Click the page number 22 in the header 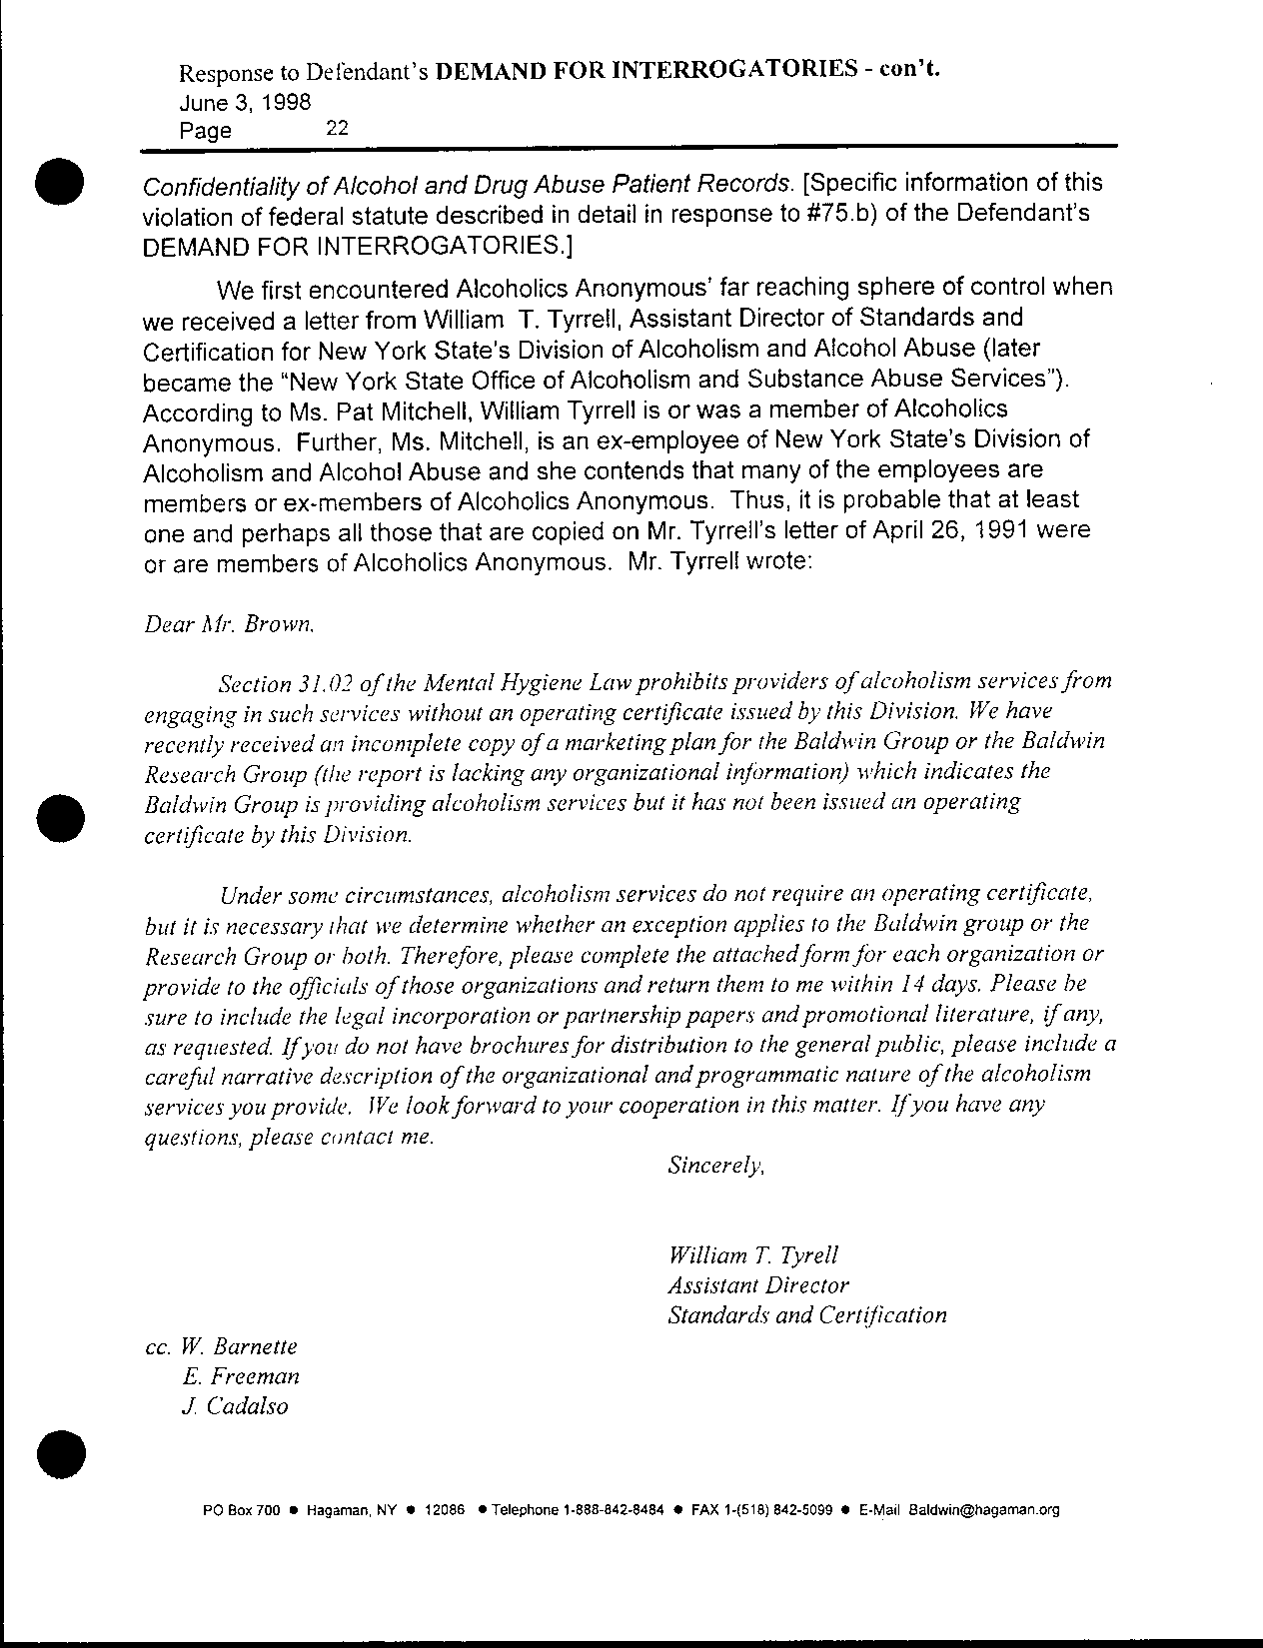[336, 128]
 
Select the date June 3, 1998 [244, 102]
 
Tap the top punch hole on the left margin [59, 181]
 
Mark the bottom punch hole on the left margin [59, 1454]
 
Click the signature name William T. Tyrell [752, 1254]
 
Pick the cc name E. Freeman [241, 1376]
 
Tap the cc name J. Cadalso [236, 1406]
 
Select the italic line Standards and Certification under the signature [806, 1315]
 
